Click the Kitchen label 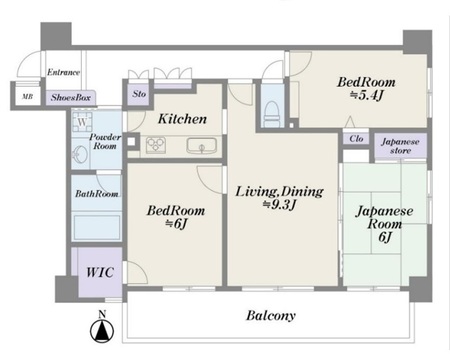182,119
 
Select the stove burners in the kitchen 156,145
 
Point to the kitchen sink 201,145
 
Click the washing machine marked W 82,122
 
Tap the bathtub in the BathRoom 97,227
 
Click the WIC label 100,272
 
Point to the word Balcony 271,315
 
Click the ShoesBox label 71,98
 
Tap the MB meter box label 27,97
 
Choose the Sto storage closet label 139,94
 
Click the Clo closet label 356,138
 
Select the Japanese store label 400,146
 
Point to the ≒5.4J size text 366,96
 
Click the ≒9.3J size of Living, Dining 279,205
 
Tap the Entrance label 63,72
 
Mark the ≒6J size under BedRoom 176,224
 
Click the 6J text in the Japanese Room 385,237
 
